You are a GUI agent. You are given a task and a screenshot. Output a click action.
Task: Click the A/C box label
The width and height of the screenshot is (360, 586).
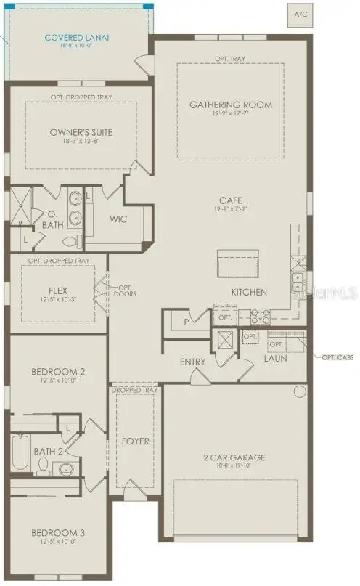click(x=300, y=13)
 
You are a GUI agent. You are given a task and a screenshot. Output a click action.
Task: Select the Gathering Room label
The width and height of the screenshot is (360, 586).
click(x=231, y=105)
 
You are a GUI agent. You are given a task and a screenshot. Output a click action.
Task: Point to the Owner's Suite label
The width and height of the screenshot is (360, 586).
click(x=81, y=132)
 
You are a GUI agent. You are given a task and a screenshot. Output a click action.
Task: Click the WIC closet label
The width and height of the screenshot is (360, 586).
click(x=119, y=219)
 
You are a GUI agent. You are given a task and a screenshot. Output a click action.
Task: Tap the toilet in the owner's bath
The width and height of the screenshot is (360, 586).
click(x=70, y=241)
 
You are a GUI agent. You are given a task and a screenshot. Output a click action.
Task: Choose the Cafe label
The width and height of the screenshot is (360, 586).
click(x=231, y=200)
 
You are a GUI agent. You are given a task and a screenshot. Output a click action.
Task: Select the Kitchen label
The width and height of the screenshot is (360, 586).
click(x=249, y=292)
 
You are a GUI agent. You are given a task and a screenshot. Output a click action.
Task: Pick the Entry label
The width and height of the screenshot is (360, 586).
click(x=193, y=362)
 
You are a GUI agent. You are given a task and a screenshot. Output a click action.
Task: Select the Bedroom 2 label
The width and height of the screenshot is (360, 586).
click(x=58, y=372)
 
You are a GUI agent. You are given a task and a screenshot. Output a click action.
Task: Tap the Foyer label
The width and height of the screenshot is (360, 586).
click(x=136, y=440)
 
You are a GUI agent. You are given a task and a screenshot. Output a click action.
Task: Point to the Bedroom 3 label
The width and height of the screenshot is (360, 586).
click(x=58, y=533)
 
